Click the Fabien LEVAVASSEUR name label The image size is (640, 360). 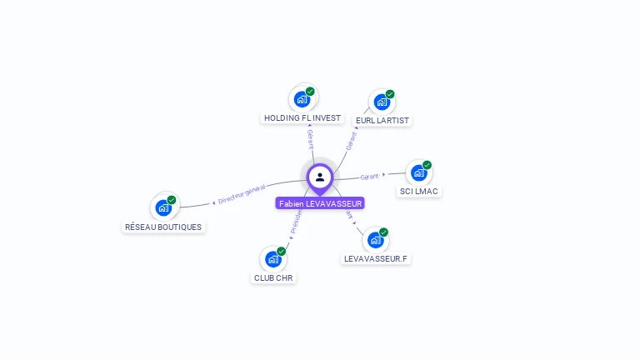tap(320, 203)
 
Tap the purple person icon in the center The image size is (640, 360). tap(320, 177)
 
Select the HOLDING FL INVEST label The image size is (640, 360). tap(302, 118)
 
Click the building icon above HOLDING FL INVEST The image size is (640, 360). tap(302, 99)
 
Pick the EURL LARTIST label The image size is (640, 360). tap(383, 120)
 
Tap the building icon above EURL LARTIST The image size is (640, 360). tap(382, 102)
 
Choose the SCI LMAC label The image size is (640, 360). tap(418, 192)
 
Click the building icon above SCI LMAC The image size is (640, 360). tap(418, 172)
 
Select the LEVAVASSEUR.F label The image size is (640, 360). tap(376, 258)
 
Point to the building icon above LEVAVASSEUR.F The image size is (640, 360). tap(376, 240)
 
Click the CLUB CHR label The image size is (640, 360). tap(273, 277)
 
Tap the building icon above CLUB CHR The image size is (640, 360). tap(273, 259)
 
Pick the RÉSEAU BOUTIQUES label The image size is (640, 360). tap(163, 227)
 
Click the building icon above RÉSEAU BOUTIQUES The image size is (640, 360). tap(163, 207)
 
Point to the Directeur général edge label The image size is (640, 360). tap(240, 194)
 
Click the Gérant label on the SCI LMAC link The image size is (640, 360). tap(369, 177)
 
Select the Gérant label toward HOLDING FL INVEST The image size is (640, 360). tap(310, 139)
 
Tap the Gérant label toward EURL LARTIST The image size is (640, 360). tap(351, 141)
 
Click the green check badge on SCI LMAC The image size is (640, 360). tap(427, 165)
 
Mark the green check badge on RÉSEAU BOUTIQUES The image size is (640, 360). tap(172, 200)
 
